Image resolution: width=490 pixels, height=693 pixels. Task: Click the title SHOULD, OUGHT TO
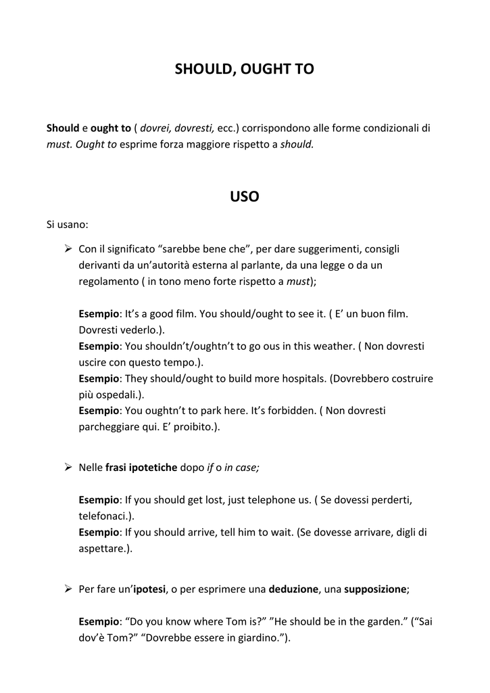pyautogui.click(x=245, y=69)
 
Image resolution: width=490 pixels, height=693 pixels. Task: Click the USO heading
pyautogui.click(x=245, y=197)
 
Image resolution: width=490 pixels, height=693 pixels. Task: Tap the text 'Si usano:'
pyautogui.click(x=67, y=224)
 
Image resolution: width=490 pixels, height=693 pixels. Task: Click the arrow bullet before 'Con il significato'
pyautogui.click(x=68, y=249)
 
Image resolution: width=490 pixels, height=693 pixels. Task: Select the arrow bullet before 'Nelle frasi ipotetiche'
pyautogui.click(x=68, y=467)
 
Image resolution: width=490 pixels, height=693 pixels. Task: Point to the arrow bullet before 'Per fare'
pyautogui.click(x=68, y=589)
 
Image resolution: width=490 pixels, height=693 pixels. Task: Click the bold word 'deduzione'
pyautogui.click(x=293, y=589)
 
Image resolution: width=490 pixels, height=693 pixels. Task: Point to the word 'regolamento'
pyautogui.click(x=107, y=282)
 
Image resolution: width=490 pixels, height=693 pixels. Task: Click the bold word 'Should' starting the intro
pyautogui.click(x=63, y=128)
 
